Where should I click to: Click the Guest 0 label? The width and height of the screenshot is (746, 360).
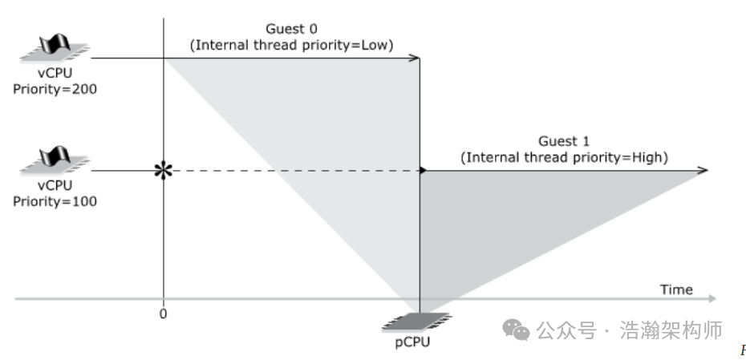point(291,30)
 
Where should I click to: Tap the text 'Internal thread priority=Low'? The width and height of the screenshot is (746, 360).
point(291,46)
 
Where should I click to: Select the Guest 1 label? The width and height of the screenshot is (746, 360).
point(564,142)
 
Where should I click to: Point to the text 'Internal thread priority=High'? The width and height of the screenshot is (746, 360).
point(564,158)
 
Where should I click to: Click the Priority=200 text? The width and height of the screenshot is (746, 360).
point(55,90)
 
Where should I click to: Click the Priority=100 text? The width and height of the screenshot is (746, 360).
point(55,201)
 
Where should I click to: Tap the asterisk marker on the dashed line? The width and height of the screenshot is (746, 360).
point(164,170)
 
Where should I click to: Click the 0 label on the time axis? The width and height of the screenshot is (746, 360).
point(164,313)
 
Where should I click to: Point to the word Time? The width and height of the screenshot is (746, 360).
point(676,289)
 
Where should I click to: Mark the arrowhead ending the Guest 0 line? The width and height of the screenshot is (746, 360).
point(416,58)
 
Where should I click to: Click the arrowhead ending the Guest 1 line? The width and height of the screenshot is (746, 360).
point(703,170)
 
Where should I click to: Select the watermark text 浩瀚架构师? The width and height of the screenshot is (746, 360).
point(672,329)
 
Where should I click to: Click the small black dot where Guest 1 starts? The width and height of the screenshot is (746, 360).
point(423,170)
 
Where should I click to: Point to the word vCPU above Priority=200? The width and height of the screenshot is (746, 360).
point(54,75)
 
